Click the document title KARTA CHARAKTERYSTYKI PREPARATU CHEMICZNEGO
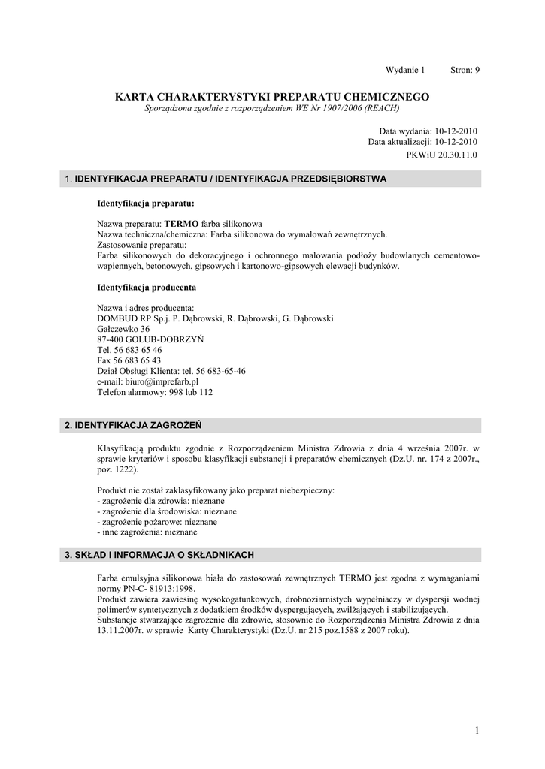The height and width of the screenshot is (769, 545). [272, 97]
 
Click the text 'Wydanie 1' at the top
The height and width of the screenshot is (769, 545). [405, 70]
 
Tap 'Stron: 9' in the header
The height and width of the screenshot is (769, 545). [465, 70]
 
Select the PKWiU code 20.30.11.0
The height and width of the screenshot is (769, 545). [441, 155]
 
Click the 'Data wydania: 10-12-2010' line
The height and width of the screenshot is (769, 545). [428, 131]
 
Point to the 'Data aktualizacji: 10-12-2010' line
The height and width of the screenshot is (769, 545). [422, 141]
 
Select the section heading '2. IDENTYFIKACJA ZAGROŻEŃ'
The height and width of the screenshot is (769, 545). [133, 425]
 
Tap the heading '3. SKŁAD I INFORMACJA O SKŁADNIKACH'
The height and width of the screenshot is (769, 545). [159, 555]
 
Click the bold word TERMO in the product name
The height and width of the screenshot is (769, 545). [180, 225]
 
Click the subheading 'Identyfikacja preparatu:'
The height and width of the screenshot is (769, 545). [146, 203]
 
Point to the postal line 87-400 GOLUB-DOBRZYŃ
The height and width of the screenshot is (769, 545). [150, 339]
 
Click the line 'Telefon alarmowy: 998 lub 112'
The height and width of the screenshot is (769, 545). [155, 392]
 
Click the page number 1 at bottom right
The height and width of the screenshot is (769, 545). [477, 731]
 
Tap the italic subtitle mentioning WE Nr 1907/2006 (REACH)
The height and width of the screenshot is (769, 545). [272, 109]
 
